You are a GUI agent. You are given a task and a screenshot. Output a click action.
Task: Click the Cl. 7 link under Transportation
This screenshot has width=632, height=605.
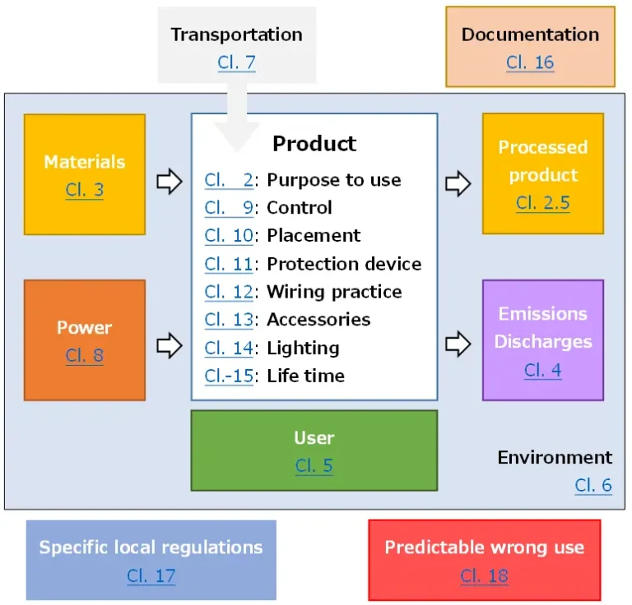(x=236, y=62)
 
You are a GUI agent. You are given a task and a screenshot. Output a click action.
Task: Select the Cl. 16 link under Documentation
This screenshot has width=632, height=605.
(x=530, y=62)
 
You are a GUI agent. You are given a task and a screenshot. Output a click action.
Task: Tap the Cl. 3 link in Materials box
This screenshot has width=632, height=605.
(x=85, y=191)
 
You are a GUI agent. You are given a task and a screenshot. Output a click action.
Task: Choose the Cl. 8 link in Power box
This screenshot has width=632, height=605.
(x=85, y=356)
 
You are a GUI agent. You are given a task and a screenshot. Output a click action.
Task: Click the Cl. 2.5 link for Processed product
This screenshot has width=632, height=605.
(x=542, y=203)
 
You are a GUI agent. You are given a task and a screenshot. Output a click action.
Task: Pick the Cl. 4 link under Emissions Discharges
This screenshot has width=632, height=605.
(x=542, y=370)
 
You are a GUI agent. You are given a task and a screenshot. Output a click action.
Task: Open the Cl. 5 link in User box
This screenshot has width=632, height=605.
(x=314, y=466)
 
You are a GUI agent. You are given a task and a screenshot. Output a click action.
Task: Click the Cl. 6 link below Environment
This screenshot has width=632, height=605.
(x=592, y=485)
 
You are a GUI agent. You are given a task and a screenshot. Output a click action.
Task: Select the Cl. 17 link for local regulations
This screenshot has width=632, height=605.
(x=151, y=575)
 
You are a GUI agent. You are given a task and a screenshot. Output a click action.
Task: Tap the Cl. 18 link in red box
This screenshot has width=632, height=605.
(x=484, y=575)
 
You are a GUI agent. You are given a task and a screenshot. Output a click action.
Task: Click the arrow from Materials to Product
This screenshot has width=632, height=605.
(x=169, y=182)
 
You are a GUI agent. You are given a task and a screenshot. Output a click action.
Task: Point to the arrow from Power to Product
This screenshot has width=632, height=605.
(x=169, y=345)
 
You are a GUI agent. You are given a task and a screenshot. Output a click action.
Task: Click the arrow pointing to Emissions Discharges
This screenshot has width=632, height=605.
(x=458, y=345)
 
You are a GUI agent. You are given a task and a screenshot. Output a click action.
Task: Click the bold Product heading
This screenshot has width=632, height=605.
(x=314, y=143)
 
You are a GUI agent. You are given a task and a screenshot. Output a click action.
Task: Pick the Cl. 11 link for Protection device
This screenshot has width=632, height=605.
(x=229, y=264)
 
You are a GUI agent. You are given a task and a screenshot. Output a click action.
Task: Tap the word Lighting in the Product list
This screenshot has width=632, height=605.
(x=303, y=348)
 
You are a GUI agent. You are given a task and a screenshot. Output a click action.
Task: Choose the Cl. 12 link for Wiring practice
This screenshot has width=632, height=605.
(x=229, y=292)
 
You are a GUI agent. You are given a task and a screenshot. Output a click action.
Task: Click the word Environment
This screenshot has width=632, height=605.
(x=555, y=457)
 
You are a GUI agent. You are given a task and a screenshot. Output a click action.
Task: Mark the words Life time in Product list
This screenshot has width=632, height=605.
(x=305, y=376)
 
